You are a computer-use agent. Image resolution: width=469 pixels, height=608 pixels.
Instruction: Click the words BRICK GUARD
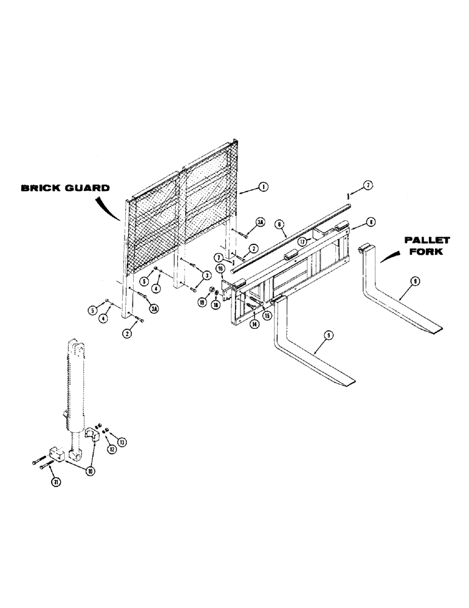click(x=66, y=188)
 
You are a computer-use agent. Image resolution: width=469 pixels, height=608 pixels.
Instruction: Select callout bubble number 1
click(x=262, y=188)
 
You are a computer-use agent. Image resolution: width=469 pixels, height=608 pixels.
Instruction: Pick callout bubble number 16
click(x=221, y=268)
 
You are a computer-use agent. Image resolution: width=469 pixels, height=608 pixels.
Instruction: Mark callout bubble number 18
click(x=215, y=305)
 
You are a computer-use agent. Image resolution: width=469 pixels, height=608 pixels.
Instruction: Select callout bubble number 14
click(x=253, y=325)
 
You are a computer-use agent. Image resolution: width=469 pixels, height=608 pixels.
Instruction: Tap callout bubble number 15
click(x=266, y=315)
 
